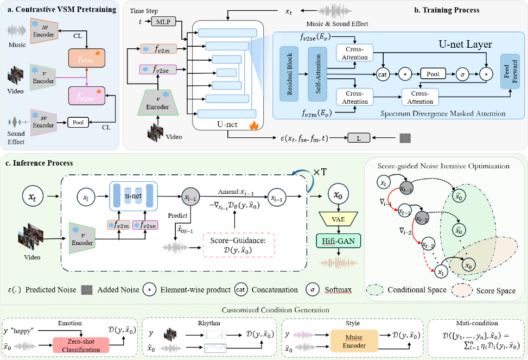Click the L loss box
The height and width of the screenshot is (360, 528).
click(x=359, y=138)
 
